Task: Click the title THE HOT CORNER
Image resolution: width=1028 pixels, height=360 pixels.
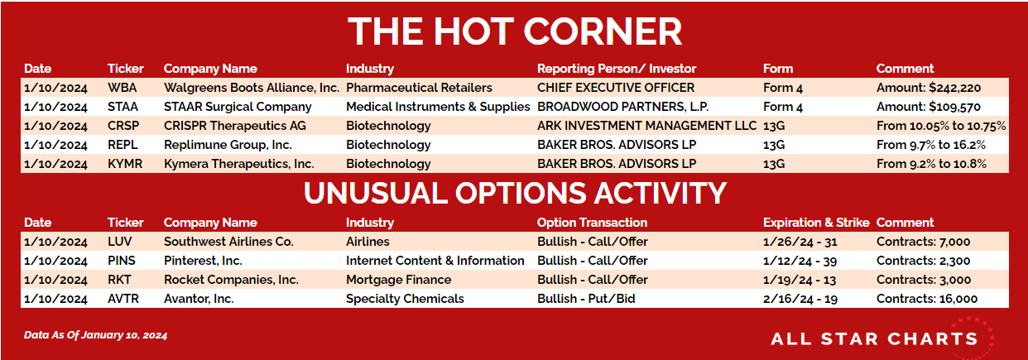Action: (515, 31)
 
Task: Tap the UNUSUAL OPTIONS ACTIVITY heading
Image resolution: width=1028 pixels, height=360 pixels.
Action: (515, 193)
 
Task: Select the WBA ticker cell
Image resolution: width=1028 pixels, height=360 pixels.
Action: (122, 88)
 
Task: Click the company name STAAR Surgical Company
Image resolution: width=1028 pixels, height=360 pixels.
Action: (238, 107)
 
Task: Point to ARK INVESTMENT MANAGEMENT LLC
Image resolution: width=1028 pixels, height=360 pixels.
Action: (646, 126)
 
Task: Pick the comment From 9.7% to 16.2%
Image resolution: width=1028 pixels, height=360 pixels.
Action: (931, 145)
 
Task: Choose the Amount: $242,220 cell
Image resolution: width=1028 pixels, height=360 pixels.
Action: (929, 88)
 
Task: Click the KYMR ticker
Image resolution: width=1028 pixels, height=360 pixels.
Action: (125, 164)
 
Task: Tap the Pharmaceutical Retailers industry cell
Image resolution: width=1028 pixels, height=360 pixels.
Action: (419, 88)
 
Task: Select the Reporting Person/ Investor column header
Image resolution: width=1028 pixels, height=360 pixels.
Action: (617, 69)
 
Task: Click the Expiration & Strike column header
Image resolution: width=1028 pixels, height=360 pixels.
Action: (816, 223)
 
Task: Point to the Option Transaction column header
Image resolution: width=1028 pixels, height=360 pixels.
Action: (592, 223)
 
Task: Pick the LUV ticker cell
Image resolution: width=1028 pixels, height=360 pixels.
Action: (119, 242)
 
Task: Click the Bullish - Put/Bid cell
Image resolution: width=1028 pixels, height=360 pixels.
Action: (586, 299)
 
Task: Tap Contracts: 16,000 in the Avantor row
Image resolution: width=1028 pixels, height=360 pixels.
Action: (927, 299)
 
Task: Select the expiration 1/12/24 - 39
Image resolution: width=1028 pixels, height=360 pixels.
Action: (800, 261)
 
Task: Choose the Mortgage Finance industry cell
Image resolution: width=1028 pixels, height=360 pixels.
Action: (398, 280)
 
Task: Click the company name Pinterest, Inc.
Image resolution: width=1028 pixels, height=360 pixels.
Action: (203, 261)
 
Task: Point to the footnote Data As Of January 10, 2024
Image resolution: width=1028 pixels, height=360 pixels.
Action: (95, 335)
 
